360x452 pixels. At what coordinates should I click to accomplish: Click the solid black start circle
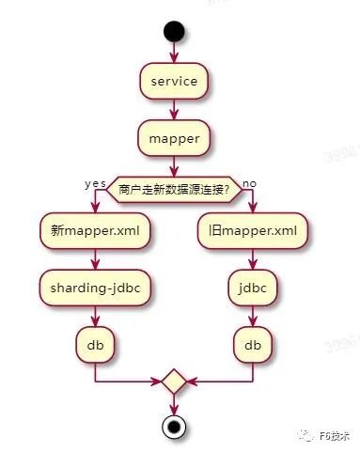[174, 31]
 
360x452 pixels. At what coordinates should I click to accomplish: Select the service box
[174, 81]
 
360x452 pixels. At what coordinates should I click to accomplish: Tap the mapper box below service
[174, 138]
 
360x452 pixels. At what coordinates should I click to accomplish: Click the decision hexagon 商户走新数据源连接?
[174, 190]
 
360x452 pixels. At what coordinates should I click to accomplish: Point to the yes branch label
[95, 184]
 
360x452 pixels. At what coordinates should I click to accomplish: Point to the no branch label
[249, 183]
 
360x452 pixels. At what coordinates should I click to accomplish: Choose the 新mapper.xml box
[95, 231]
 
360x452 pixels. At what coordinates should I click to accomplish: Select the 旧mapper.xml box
[253, 231]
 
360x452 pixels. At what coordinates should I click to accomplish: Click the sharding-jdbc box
[95, 288]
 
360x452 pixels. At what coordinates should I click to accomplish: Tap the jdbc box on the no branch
[253, 288]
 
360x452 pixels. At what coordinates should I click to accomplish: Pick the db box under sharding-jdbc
[95, 345]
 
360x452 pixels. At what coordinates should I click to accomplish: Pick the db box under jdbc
[253, 345]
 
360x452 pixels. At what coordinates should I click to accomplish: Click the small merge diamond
[174, 382]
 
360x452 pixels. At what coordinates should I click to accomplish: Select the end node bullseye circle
[174, 427]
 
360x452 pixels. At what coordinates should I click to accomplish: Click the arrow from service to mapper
[174, 110]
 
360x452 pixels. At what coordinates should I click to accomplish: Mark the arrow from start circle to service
[174, 53]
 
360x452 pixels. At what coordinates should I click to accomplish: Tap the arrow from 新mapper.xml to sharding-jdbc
[95, 259]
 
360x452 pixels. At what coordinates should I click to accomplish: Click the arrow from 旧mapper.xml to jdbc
[253, 259]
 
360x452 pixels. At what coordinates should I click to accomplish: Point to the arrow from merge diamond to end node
[174, 405]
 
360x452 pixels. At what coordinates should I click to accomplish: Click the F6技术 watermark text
[335, 436]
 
